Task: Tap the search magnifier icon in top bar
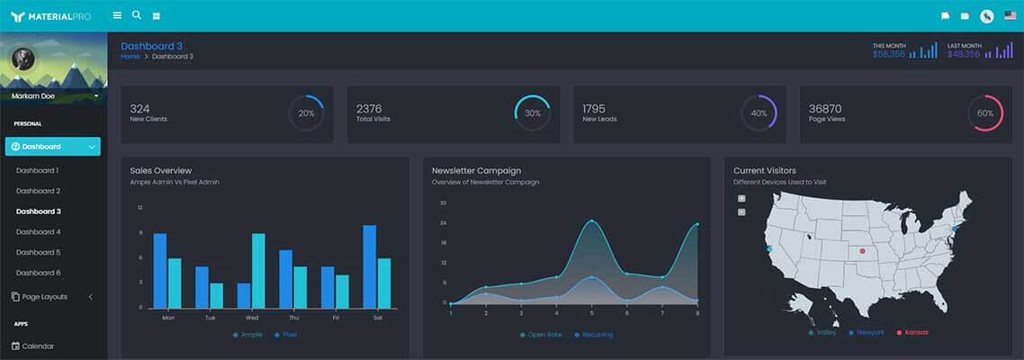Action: pyautogui.click(x=137, y=14)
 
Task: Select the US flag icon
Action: pyautogui.click(x=1010, y=15)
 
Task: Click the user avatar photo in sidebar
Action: pyautogui.click(x=22, y=59)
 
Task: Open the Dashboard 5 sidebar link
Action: pyautogui.click(x=38, y=252)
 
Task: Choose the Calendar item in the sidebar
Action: pyautogui.click(x=38, y=346)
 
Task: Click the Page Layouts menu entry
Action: pyautogui.click(x=44, y=296)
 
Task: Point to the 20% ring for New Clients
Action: pyautogui.click(x=306, y=113)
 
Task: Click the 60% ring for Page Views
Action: pyautogui.click(x=984, y=113)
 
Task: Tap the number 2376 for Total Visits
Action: pyautogui.click(x=369, y=108)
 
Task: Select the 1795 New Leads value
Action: pyautogui.click(x=595, y=108)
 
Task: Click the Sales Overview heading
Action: pyautogui.click(x=160, y=170)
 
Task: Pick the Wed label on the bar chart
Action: pyautogui.click(x=252, y=317)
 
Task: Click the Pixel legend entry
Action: pyautogui.click(x=288, y=335)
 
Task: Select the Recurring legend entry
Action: pyautogui.click(x=597, y=335)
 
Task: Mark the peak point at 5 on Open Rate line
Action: pyautogui.click(x=591, y=220)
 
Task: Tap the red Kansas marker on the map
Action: pyautogui.click(x=862, y=250)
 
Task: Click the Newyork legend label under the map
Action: pyautogui.click(x=869, y=332)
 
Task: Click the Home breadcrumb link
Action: pyautogui.click(x=130, y=57)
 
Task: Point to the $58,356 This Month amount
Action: pyautogui.click(x=888, y=54)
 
